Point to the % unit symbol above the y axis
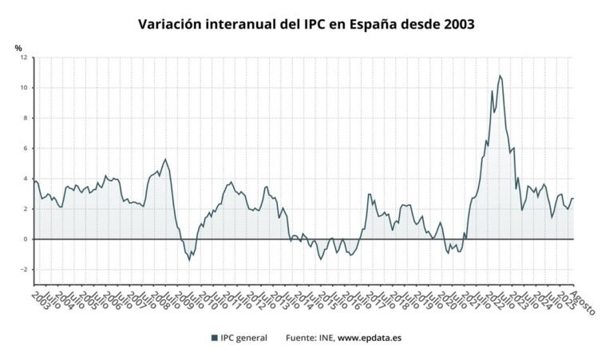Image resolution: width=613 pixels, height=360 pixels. tap(18, 48)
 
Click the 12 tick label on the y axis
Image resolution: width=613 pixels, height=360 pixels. tap(23, 57)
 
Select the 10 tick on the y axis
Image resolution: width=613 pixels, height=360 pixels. tap(23, 88)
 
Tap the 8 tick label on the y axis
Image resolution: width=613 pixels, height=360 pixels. tap(25, 118)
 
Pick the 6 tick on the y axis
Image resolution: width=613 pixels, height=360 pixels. tap(25, 148)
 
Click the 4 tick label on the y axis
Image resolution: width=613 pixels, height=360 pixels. tap(25, 179)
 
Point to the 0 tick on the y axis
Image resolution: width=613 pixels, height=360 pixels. tap(25, 239)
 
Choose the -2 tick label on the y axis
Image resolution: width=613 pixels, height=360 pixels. tap(23, 270)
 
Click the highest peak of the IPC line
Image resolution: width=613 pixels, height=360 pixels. tap(500, 76)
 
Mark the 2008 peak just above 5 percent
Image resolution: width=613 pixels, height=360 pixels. tap(165, 159)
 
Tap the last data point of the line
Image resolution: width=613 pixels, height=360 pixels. tap(573, 198)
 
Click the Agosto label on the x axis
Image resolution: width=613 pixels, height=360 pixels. tap(583, 302)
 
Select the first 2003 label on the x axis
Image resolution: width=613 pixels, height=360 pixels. tap(38, 302)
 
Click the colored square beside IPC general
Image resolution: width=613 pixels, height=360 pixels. tap(215, 338)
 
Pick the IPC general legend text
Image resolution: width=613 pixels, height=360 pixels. tap(244, 338)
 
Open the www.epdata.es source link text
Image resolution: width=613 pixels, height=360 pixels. tap(370, 338)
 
